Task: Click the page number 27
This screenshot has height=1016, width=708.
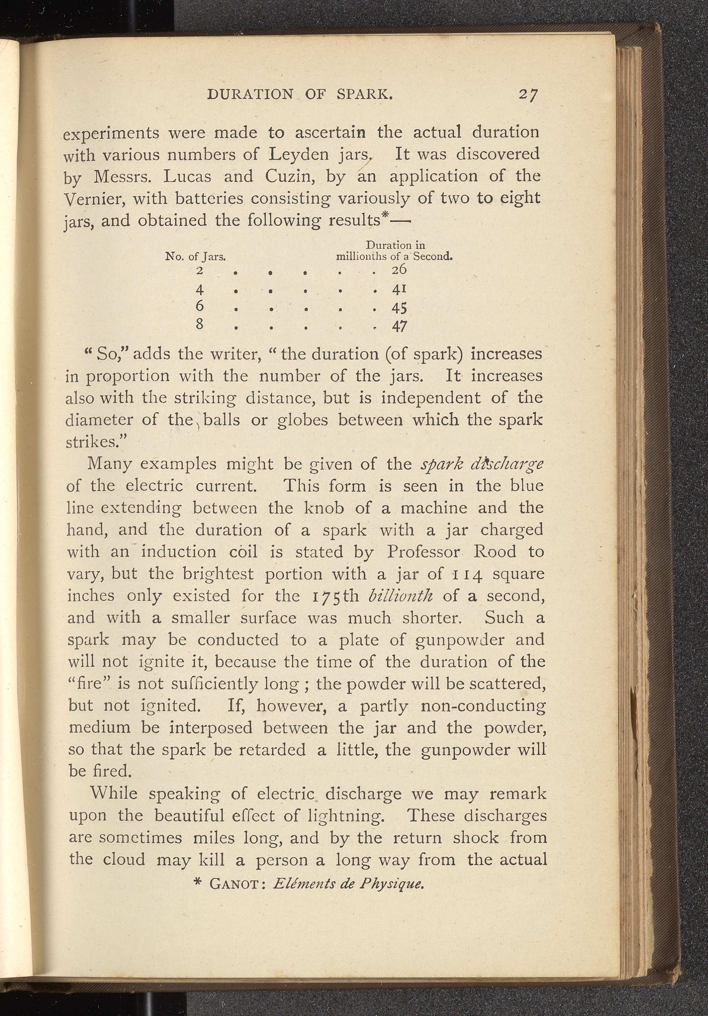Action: click(x=528, y=95)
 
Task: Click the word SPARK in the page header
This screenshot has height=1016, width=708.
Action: click(x=364, y=94)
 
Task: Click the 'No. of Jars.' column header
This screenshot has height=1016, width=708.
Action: click(x=195, y=256)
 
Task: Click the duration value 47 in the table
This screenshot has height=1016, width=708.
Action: click(x=399, y=326)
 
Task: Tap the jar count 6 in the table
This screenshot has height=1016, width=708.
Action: click(x=200, y=306)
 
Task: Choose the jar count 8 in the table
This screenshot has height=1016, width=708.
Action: click(x=200, y=324)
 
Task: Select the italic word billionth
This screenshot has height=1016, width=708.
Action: click(x=400, y=596)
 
